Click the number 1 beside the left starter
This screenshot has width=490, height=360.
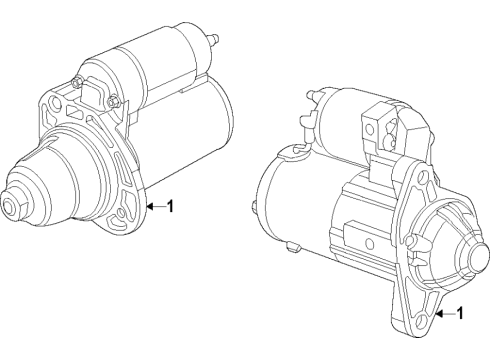coord(170,206)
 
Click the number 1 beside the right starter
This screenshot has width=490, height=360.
coord(460,313)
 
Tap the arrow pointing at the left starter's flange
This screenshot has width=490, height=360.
coord(154,206)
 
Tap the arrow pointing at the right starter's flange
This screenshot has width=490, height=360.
coord(444,313)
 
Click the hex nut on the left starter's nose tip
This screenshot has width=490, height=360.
coord(13,207)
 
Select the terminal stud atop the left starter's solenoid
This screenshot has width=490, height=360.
coord(213,39)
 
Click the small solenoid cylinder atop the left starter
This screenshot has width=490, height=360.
coord(150,60)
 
